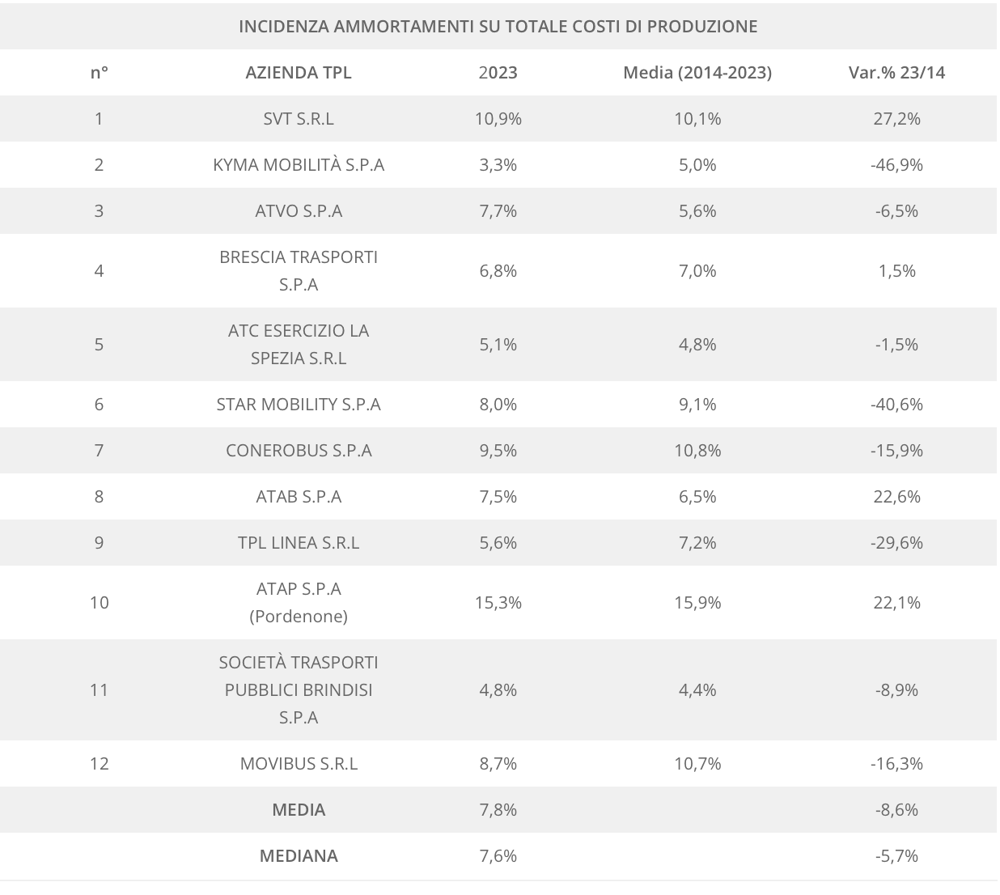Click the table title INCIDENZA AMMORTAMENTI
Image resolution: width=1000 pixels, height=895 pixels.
click(x=498, y=26)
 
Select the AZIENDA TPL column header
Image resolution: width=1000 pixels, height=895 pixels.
click(x=299, y=72)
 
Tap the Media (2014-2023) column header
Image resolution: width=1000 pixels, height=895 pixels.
click(x=697, y=72)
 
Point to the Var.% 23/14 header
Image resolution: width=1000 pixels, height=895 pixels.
click(x=896, y=72)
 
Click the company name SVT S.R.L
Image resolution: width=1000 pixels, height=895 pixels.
click(x=299, y=118)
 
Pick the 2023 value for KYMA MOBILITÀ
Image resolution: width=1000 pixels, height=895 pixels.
click(x=498, y=164)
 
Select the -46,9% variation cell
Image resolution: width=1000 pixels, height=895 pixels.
click(x=896, y=164)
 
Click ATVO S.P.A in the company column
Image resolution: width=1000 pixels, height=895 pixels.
click(x=299, y=210)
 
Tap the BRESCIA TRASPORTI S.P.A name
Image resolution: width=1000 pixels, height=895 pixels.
click(x=299, y=270)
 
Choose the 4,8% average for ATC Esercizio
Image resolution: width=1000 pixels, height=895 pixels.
click(x=697, y=344)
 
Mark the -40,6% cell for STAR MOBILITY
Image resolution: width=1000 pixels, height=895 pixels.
click(x=896, y=404)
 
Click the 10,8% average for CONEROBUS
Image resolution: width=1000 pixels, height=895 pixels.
click(x=697, y=450)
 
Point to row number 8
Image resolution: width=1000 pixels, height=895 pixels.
click(x=99, y=496)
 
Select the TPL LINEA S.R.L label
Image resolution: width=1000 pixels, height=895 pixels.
click(x=299, y=542)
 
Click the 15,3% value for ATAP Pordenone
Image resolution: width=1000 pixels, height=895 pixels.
click(x=498, y=602)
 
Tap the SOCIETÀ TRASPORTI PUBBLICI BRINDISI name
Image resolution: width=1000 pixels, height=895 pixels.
click(x=299, y=689)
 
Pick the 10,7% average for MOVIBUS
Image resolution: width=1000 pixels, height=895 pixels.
click(x=697, y=763)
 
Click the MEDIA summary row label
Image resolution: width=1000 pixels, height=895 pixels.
click(x=299, y=809)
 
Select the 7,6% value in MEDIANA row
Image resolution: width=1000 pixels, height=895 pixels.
click(x=498, y=855)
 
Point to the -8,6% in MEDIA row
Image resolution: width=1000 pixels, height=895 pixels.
click(x=896, y=809)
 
